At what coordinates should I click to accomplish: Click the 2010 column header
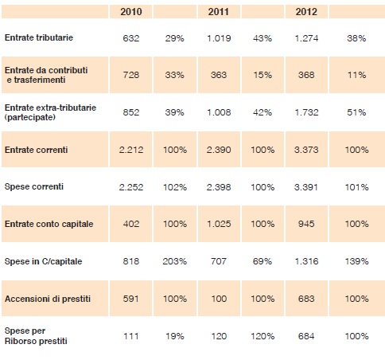tap(131, 12)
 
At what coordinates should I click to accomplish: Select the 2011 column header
tap(219, 12)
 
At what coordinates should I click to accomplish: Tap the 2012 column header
tap(306, 12)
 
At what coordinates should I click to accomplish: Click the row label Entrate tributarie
tap(39, 37)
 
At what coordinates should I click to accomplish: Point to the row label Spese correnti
tap(34, 186)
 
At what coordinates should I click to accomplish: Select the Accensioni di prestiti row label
tap(48, 299)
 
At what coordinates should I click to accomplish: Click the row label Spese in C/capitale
tap(43, 261)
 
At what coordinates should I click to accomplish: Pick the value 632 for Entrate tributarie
tap(131, 38)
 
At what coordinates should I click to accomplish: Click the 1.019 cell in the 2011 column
tap(219, 38)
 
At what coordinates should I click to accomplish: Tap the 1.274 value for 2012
tap(306, 38)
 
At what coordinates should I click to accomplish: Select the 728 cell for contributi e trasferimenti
tap(131, 75)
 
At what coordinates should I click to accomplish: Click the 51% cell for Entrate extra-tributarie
tap(356, 112)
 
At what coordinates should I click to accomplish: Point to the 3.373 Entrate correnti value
tap(306, 150)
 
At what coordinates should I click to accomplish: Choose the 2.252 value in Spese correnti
tap(131, 187)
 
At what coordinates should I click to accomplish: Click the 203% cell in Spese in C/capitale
tap(175, 261)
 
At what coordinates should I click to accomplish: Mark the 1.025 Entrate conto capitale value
tap(219, 224)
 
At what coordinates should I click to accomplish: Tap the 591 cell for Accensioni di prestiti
tap(131, 299)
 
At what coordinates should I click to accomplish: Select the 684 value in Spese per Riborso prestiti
tap(306, 336)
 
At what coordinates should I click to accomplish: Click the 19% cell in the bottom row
tap(175, 336)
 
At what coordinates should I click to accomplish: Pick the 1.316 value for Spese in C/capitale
tap(306, 261)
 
